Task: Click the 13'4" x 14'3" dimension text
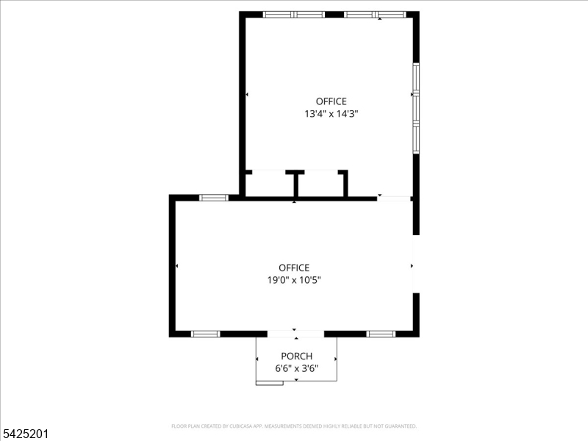(x=331, y=114)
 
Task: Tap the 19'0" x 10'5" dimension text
(x=294, y=280)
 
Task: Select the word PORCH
(x=296, y=356)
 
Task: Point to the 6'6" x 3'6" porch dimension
(x=296, y=369)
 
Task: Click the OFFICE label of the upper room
(x=331, y=101)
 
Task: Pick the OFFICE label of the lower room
(x=294, y=268)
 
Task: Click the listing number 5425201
(x=26, y=434)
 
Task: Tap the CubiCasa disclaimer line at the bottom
(x=294, y=426)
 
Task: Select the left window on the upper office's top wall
(x=294, y=14)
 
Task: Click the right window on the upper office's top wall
(x=375, y=14)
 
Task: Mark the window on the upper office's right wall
(x=416, y=108)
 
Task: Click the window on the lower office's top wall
(x=214, y=197)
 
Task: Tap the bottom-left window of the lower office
(x=206, y=334)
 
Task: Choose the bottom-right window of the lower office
(x=381, y=334)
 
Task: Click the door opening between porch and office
(x=295, y=334)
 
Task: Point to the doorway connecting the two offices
(x=394, y=198)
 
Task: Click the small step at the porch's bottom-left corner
(x=269, y=382)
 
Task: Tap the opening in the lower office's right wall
(x=416, y=265)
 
